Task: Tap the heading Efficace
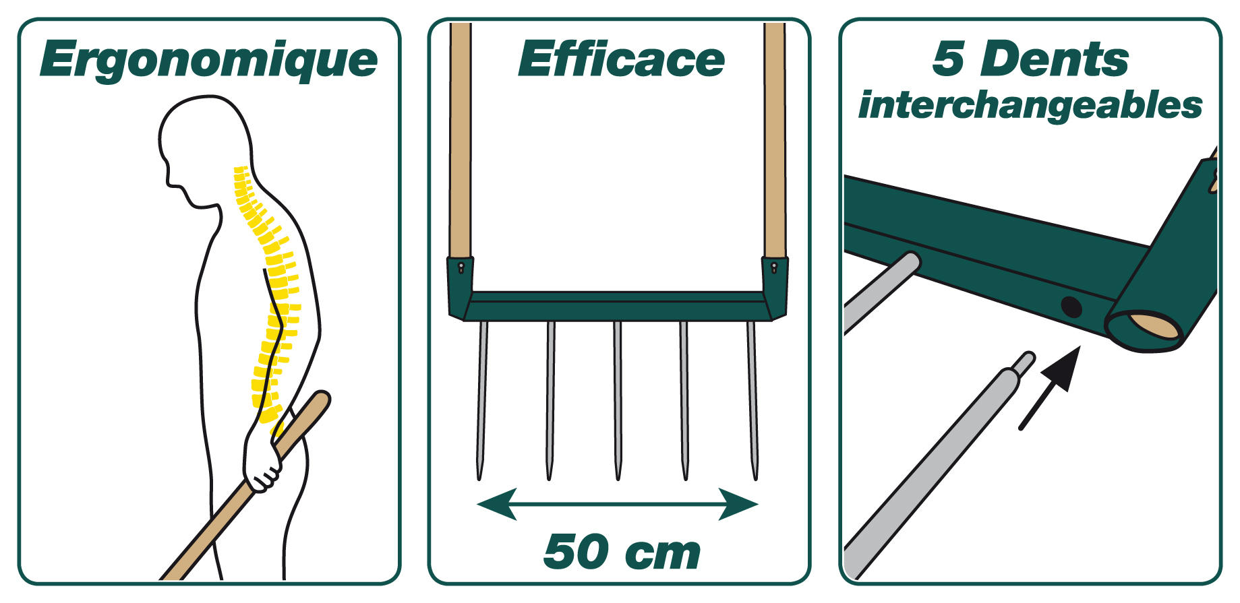point(621,59)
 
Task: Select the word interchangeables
point(1030,106)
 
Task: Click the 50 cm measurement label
point(622,552)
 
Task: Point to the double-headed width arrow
point(618,505)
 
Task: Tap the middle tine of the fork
point(617,401)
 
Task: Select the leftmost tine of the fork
point(481,401)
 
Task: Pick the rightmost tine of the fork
point(752,401)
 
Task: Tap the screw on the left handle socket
point(461,267)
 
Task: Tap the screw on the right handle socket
point(775,267)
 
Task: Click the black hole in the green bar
point(1071,308)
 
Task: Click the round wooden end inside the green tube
point(1155,326)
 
